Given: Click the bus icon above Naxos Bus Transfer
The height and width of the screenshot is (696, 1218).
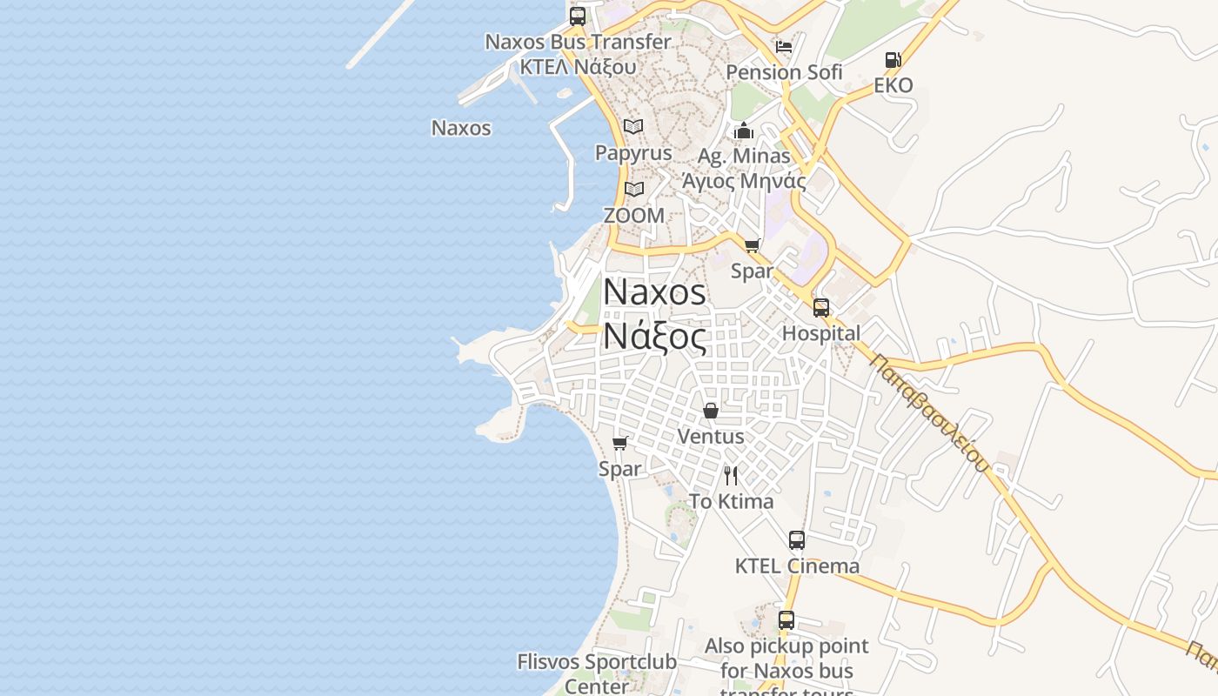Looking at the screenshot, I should click(x=578, y=17).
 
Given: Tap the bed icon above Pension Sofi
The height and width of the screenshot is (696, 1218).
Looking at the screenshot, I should click(x=784, y=47).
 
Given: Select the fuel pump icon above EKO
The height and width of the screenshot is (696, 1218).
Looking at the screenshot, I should click(x=893, y=60).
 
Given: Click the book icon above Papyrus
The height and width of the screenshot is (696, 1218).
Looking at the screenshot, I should click(x=633, y=127).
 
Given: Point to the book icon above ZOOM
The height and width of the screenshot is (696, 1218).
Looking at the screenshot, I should click(x=634, y=189).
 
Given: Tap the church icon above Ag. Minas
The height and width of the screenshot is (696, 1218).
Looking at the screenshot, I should click(x=744, y=131).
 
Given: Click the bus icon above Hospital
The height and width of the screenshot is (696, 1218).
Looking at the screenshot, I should click(x=821, y=308).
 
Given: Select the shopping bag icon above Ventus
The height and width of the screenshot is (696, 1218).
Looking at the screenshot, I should click(x=711, y=411).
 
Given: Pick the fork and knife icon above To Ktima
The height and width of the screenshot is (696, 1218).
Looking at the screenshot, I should click(x=731, y=476).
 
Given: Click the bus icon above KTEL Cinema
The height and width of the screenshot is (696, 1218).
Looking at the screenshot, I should click(x=797, y=540).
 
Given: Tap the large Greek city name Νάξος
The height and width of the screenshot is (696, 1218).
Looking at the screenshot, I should click(x=654, y=338).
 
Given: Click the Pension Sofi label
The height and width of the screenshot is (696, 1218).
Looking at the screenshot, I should click(x=784, y=72).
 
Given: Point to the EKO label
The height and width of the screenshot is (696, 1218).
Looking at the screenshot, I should click(x=893, y=85).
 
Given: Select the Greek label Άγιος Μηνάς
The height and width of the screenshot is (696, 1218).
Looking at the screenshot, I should click(x=744, y=181).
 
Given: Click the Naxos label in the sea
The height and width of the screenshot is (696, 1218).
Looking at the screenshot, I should click(x=461, y=128).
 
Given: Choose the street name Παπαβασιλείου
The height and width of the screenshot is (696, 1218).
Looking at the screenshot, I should click(x=929, y=413).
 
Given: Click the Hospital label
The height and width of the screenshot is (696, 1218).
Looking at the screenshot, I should click(x=821, y=333).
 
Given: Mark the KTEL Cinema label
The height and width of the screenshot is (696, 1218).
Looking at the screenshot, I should click(x=797, y=565).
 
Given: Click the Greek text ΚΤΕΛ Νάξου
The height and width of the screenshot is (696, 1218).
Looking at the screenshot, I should click(x=578, y=66).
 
